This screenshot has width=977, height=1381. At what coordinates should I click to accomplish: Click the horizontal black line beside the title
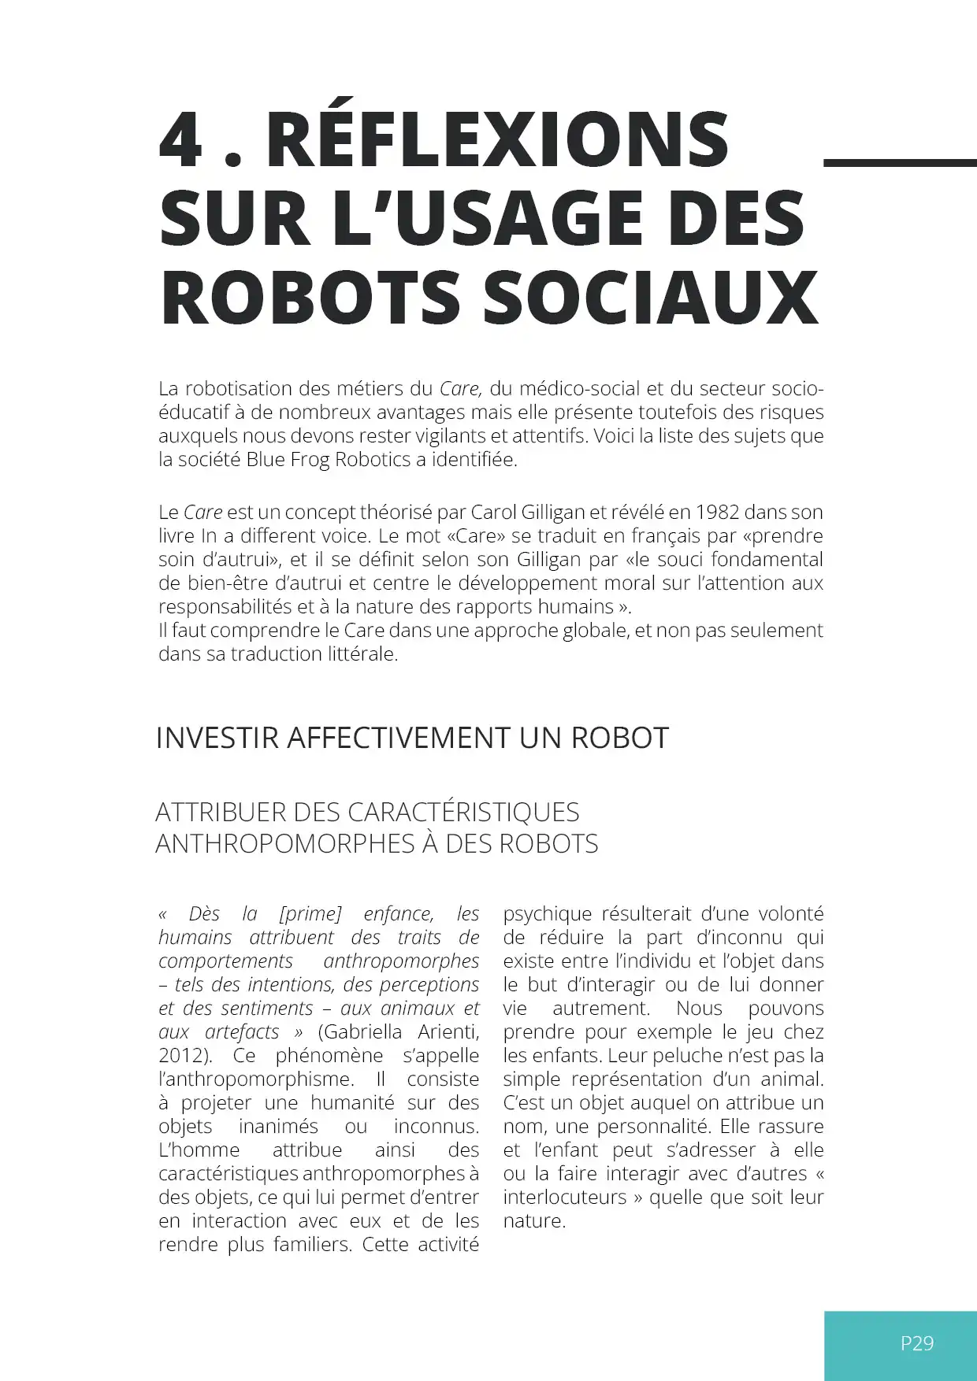pyautogui.click(x=899, y=163)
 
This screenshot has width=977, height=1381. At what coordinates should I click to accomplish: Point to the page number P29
pyautogui.click(x=917, y=1343)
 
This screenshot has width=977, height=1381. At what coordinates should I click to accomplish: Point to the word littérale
pyautogui.click(x=362, y=654)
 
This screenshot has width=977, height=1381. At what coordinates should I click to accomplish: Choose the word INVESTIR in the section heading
pyautogui.click(x=217, y=739)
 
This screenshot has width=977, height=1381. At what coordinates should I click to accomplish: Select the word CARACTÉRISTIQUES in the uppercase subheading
pyautogui.click(x=463, y=813)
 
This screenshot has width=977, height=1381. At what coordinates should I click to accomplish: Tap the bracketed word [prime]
pyautogui.click(x=310, y=914)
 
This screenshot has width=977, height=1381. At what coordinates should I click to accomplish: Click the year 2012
pyautogui.click(x=184, y=1056)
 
